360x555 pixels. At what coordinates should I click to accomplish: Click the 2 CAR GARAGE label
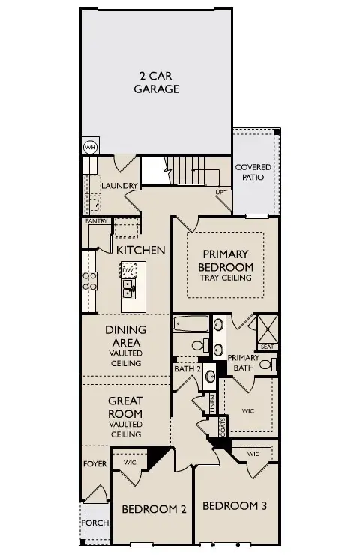(156, 82)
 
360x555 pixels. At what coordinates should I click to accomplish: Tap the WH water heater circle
(90, 147)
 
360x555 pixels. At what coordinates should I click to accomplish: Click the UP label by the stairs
(219, 193)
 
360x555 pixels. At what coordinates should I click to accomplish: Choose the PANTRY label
(97, 221)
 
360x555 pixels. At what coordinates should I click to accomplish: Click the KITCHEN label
(140, 250)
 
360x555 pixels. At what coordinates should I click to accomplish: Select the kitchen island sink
(128, 287)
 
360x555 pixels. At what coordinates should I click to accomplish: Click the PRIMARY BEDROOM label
(226, 260)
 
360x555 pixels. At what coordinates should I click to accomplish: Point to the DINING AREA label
(125, 335)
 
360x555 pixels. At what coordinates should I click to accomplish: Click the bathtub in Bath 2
(190, 325)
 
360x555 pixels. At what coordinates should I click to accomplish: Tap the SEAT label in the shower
(267, 346)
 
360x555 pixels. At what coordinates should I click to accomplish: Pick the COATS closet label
(223, 427)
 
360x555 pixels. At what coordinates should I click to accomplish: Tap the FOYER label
(95, 464)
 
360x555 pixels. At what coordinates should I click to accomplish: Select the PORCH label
(94, 523)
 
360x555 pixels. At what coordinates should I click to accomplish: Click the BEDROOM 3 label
(235, 505)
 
